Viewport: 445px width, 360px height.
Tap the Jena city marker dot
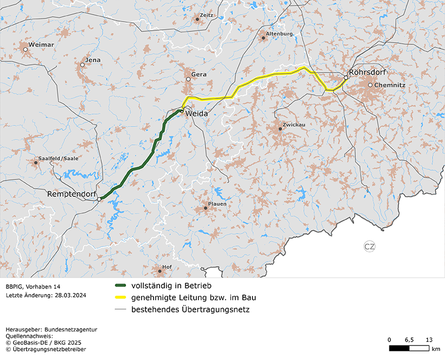click(x=82, y=65)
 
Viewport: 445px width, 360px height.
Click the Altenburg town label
click(x=280, y=34)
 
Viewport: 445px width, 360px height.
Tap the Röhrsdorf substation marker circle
click(x=346, y=78)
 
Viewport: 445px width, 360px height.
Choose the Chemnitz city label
click(x=390, y=85)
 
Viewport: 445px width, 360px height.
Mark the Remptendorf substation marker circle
click(x=99, y=199)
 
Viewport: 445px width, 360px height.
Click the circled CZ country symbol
click(x=369, y=247)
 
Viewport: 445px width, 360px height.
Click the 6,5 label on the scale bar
click(x=409, y=339)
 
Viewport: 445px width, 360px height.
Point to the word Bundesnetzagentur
click(x=72, y=329)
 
